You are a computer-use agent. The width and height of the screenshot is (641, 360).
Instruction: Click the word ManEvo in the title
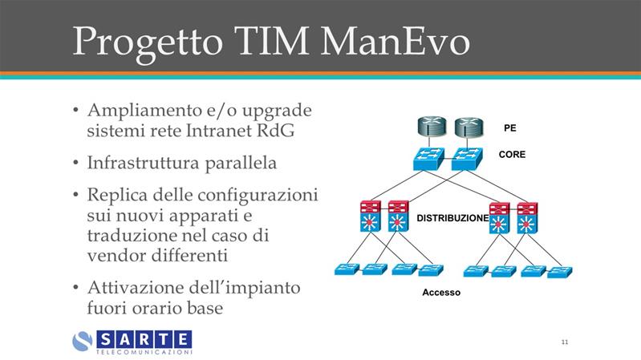[x=395, y=42]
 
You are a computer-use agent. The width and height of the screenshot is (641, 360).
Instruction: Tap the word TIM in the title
[x=272, y=41]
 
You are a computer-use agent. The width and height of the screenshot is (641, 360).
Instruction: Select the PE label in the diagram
[x=509, y=128]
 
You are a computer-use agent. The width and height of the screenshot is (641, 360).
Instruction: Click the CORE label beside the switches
[x=512, y=154]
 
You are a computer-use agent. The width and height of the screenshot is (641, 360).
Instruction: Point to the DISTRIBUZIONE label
[x=452, y=218]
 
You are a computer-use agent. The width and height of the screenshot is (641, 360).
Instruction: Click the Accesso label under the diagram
[x=441, y=292]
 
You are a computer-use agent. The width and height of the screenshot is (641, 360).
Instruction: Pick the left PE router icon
[x=432, y=127]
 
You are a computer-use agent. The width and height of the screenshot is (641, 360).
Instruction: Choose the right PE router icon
[x=469, y=127]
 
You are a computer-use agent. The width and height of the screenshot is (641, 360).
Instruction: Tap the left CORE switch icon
[x=428, y=159]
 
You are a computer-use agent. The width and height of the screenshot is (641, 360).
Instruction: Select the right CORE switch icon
[x=467, y=159]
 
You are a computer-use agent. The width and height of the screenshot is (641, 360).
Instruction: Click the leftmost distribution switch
[x=371, y=216]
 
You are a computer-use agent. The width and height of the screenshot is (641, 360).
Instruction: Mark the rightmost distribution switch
[x=527, y=218]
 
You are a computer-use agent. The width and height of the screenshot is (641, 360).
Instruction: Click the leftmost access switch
[x=347, y=269]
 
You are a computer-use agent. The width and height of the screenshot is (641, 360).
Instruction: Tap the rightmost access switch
[x=560, y=271]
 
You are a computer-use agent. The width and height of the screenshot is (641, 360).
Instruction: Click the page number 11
[x=565, y=342]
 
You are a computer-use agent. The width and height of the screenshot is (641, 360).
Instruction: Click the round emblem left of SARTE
[x=83, y=342]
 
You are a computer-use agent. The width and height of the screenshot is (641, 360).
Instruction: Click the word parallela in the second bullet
[x=241, y=163]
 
